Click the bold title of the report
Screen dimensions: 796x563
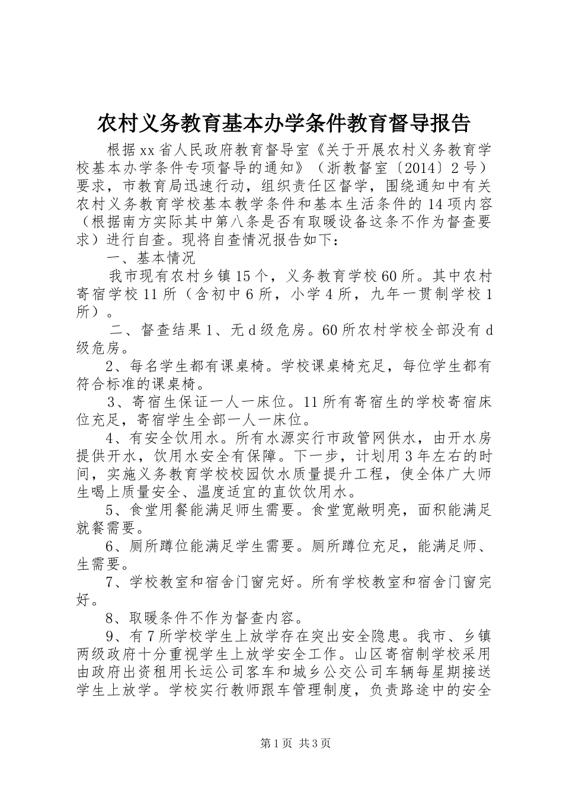283,123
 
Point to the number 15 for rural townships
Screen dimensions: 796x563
245,276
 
